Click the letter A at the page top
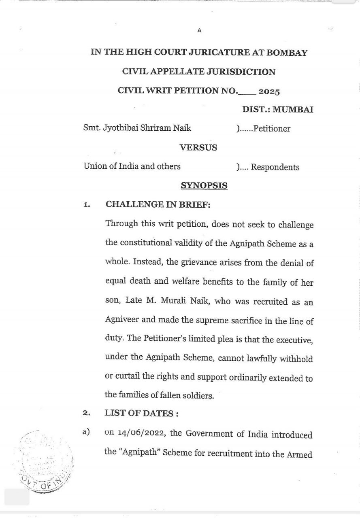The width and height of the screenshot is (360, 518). (x=199, y=30)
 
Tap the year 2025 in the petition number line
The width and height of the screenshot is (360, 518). (x=269, y=91)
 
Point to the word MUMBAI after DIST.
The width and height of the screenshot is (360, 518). (x=293, y=110)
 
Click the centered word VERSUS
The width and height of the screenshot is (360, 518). (x=198, y=148)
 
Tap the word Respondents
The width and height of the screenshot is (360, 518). (x=275, y=167)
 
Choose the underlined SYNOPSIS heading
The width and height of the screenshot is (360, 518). (x=204, y=186)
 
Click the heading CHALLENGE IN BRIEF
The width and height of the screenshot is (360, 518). (x=158, y=205)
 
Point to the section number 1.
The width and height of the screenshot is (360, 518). (x=86, y=205)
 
